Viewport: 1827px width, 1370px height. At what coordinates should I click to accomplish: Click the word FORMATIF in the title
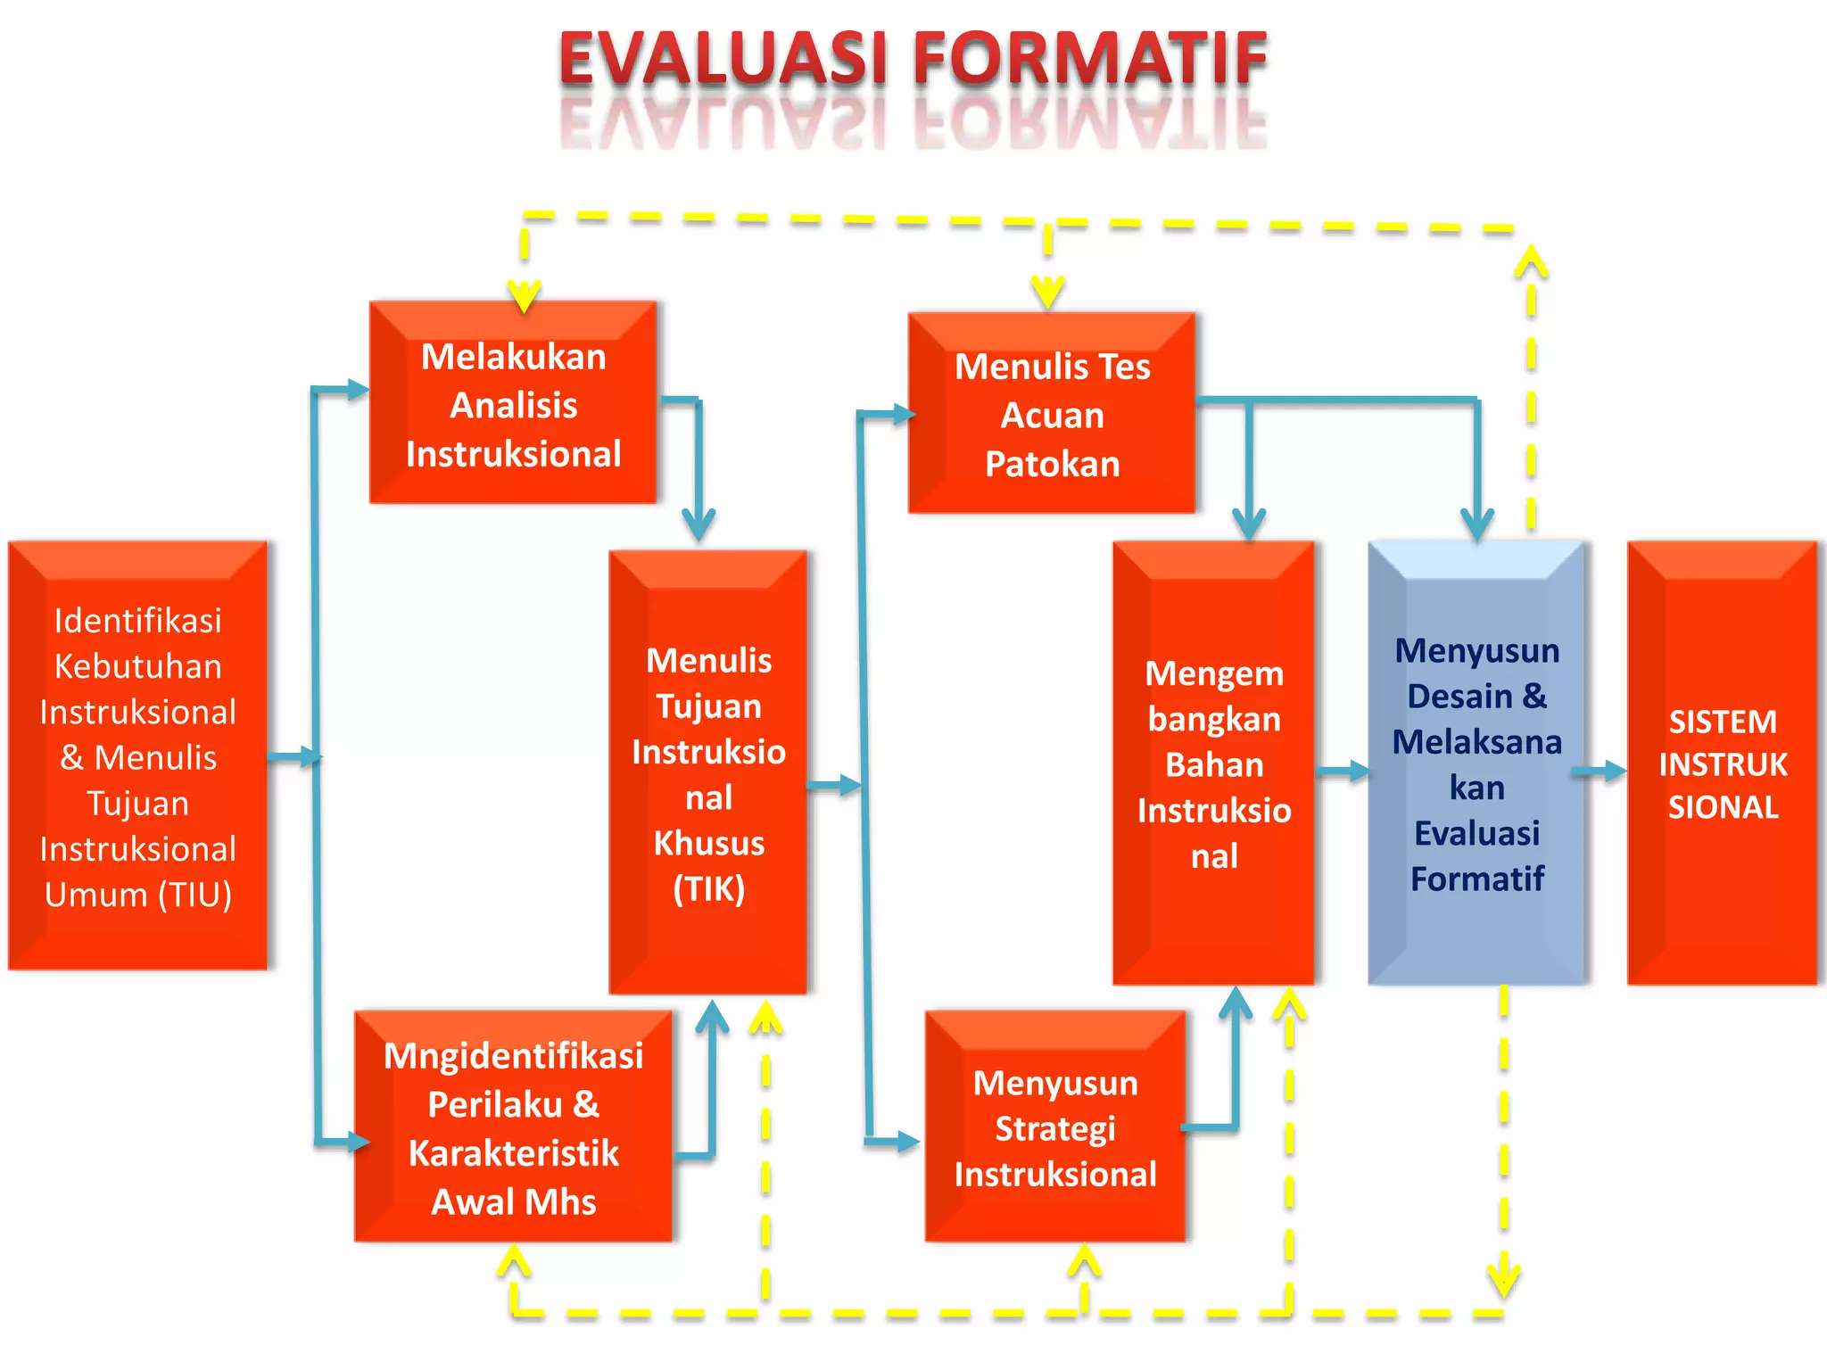click(x=1089, y=59)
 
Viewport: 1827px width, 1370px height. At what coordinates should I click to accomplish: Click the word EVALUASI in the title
click(x=722, y=59)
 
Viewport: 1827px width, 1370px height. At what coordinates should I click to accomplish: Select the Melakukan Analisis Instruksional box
click(x=513, y=403)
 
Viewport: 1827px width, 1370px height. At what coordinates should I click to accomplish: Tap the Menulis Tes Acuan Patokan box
click(x=1052, y=414)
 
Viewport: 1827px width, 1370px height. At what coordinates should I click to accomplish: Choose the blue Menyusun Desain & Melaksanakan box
click(x=1476, y=763)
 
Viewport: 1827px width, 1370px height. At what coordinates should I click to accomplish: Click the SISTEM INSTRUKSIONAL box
click(x=1722, y=763)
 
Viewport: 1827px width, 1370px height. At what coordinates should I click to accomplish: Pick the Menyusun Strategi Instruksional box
click(x=1055, y=1127)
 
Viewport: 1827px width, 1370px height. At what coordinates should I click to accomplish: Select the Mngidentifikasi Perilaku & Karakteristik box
click(x=513, y=1127)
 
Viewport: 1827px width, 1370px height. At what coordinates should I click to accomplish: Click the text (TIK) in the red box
click(x=709, y=889)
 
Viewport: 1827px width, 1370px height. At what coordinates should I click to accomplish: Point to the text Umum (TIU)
click(x=138, y=895)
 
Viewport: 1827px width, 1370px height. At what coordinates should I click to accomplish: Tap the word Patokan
click(x=1052, y=465)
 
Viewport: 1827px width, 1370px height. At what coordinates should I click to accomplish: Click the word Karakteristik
click(x=513, y=1153)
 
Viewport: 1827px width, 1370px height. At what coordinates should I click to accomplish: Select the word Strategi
click(x=1055, y=1129)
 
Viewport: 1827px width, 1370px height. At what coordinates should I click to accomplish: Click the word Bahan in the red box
click(x=1214, y=765)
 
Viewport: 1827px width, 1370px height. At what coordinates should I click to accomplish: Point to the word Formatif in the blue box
click(x=1477, y=879)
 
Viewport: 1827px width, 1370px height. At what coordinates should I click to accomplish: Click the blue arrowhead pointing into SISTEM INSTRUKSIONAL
click(x=1615, y=771)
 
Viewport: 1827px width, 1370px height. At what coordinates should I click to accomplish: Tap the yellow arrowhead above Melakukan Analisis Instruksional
click(x=525, y=294)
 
